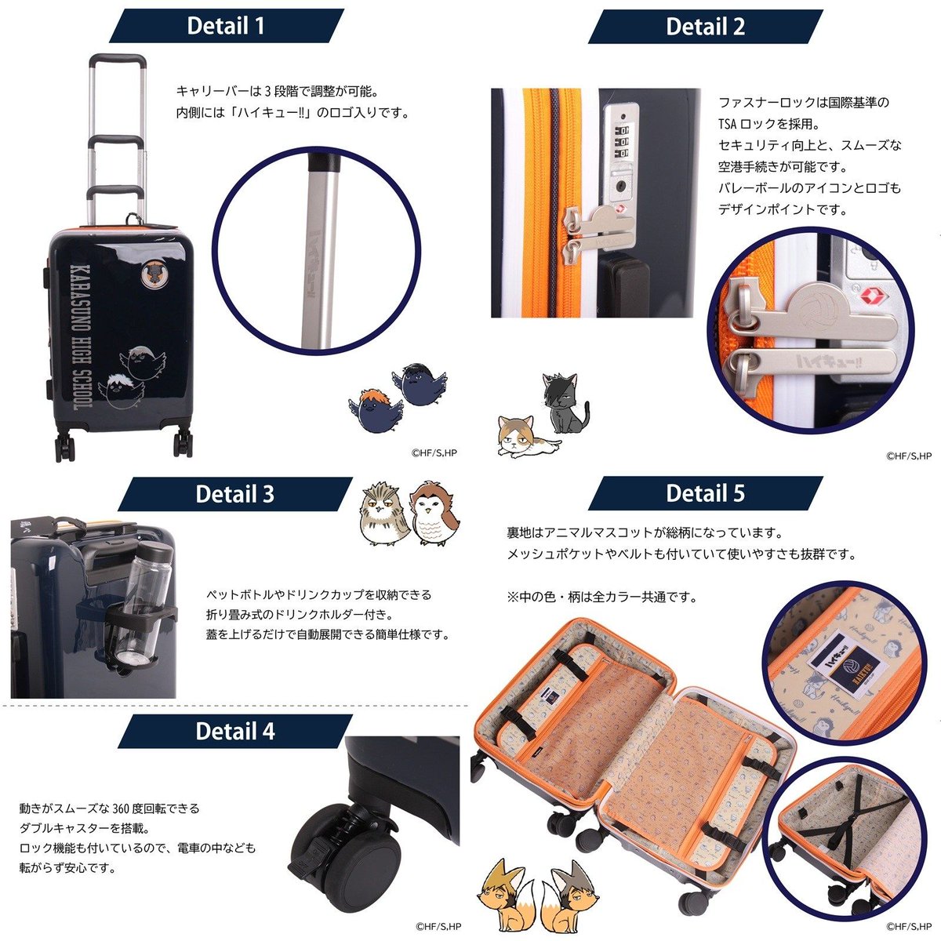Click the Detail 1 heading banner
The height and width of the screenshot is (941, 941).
(x=226, y=26)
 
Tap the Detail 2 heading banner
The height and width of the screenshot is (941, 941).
(x=704, y=26)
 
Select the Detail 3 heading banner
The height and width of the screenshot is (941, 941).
(x=234, y=494)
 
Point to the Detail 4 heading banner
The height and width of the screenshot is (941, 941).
(x=234, y=731)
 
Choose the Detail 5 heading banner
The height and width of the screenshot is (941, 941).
(x=704, y=494)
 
